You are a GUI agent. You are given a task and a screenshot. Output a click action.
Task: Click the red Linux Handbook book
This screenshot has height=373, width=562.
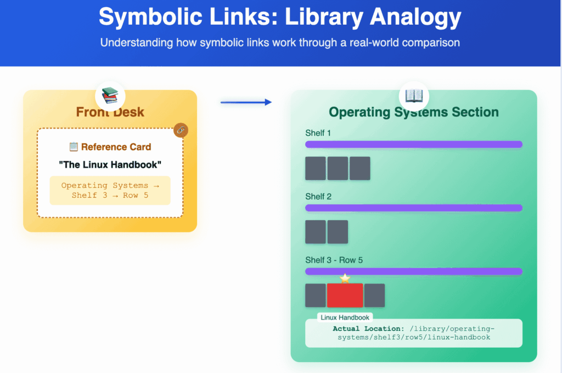coord(345,296)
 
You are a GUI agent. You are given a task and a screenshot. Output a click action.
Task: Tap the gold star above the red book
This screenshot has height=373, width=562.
coord(345,279)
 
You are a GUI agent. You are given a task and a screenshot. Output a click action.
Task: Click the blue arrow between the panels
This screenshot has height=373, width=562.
coord(246,102)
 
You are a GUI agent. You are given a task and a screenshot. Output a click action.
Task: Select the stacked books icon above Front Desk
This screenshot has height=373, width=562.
coord(110,96)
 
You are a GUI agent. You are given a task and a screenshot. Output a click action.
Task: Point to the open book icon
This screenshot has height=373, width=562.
coord(414,96)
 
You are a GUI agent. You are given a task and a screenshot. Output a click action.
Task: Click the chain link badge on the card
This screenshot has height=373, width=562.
coord(181,130)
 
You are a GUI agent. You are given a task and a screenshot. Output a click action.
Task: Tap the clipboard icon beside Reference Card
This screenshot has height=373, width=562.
coord(74,147)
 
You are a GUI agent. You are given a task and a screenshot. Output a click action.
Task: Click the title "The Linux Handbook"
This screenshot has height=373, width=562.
coord(110,165)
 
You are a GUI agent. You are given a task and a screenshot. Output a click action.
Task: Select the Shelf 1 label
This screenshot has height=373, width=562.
coord(318,133)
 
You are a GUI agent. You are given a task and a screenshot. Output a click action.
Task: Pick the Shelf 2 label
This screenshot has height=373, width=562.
coord(318,197)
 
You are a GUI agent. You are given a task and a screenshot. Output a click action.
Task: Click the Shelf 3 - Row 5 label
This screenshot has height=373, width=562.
coord(334,260)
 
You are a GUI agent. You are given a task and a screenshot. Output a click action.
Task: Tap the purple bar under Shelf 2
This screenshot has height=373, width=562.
coord(414,208)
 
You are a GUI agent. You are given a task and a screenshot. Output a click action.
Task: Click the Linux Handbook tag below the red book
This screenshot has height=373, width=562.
coord(345,318)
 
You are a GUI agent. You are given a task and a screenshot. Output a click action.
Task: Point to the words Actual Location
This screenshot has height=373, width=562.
coord(368,329)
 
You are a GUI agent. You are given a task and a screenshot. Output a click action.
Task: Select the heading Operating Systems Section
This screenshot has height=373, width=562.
coord(414,112)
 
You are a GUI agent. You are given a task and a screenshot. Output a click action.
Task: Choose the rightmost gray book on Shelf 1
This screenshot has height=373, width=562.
coord(360,168)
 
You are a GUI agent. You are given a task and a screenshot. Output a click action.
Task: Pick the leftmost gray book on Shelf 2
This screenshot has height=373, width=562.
coord(316,232)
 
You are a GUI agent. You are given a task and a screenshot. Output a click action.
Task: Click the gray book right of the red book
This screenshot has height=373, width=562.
coord(374,296)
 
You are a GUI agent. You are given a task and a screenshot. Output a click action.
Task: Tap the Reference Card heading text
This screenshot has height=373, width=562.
coord(116,147)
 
